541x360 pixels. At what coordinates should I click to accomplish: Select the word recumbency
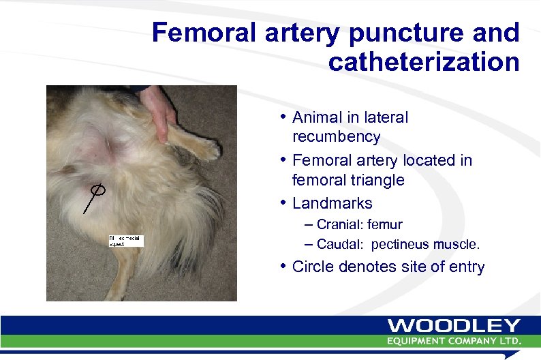click(336, 136)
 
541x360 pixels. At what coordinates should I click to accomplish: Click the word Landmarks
click(332, 203)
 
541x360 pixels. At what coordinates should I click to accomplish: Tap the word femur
click(385, 224)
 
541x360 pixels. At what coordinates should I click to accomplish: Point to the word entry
click(466, 267)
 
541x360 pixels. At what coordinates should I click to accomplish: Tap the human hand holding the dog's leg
click(158, 109)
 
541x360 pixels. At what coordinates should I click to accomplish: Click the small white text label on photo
click(126, 240)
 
